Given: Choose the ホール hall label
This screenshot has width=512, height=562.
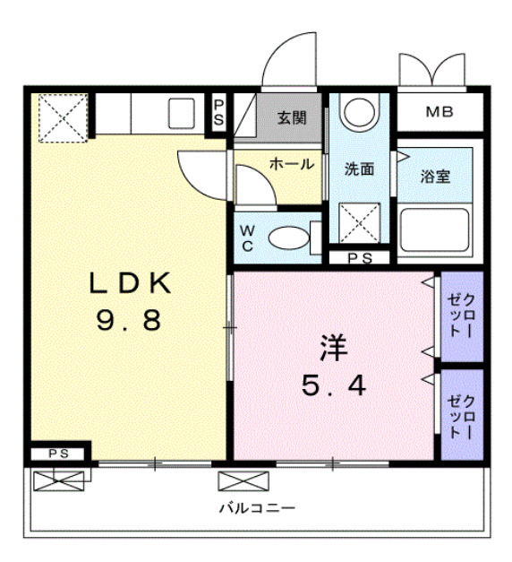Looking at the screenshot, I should point(291,164).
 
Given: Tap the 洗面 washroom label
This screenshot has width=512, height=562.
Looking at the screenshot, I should point(360,168).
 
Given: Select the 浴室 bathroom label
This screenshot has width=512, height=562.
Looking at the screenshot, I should point(436,176).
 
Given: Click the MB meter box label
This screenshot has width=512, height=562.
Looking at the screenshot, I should point(439,113).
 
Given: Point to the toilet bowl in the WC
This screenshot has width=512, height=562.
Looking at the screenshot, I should point(287,238).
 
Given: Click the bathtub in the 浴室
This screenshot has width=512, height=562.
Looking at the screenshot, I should point(436,229).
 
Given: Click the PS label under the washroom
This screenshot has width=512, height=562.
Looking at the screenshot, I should point(359,259).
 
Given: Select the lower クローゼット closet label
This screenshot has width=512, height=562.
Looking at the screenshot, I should point(462,413).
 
